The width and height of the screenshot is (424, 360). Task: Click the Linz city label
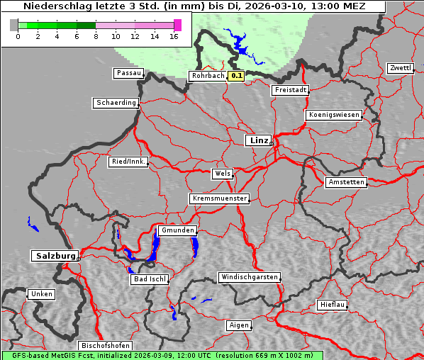pyautogui.click(x=258, y=140)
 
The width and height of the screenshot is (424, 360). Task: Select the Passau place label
pyautogui.click(x=128, y=73)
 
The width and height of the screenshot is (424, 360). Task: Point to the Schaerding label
pyautogui.click(x=116, y=103)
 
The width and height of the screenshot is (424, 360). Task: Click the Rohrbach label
pyautogui.click(x=207, y=76)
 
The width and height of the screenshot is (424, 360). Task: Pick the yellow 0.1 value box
pyautogui.click(x=236, y=76)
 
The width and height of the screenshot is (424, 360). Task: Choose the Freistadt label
pyautogui.click(x=290, y=90)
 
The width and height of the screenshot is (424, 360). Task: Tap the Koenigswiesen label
pyautogui.click(x=334, y=115)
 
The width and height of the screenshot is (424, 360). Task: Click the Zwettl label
pyautogui.click(x=400, y=68)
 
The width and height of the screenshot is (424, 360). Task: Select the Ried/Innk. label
pyautogui.click(x=128, y=162)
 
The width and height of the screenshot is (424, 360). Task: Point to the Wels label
pyautogui.click(x=222, y=174)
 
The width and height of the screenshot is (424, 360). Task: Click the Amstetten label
pyautogui.click(x=346, y=182)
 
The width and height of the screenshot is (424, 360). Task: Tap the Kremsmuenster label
pyautogui.click(x=219, y=198)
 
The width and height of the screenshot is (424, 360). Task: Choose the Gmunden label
pyautogui.click(x=177, y=231)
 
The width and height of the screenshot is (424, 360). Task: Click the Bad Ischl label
pyautogui.click(x=150, y=279)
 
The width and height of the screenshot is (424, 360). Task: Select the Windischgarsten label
pyautogui.click(x=248, y=277)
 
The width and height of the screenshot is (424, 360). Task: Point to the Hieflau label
pyautogui.click(x=333, y=305)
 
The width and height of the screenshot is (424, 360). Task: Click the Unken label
pyautogui.click(x=41, y=294)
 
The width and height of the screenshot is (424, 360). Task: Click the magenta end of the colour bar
pyautogui.click(x=177, y=25)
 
